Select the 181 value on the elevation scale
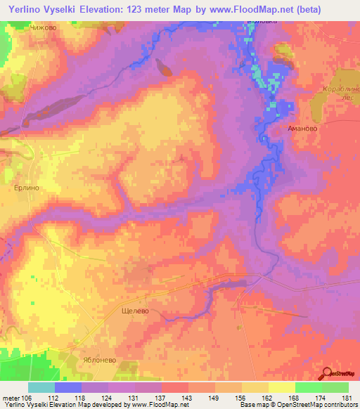click(346, 398)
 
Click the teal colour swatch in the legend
click(41, 387)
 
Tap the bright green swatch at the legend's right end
click(335, 387)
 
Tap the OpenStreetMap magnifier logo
click(328, 373)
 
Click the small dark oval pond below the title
click(165, 68)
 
